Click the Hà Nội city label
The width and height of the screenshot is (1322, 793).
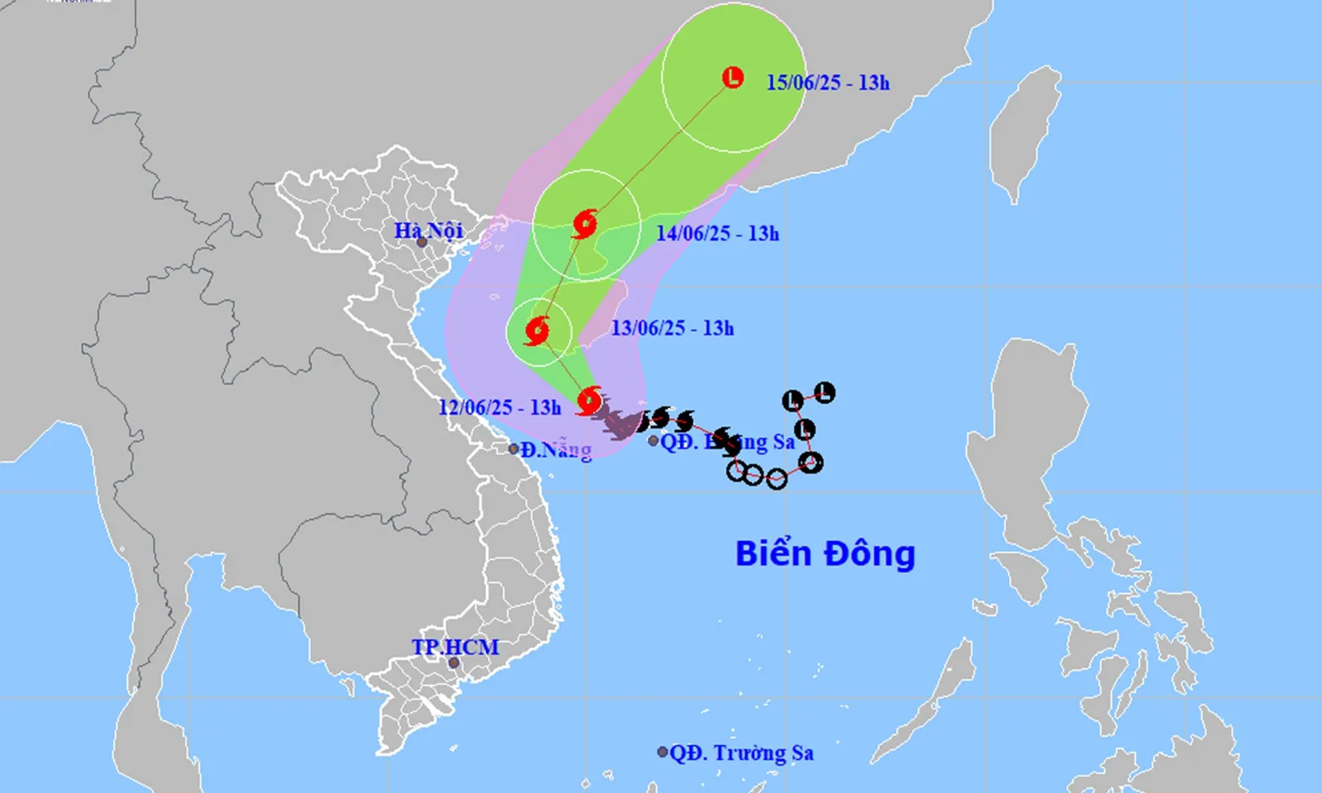tap(428, 230)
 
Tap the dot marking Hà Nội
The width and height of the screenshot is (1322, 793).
tap(422, 242)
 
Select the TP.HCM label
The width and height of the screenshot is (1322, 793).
tap(455, 647)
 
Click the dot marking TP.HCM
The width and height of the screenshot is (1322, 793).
tap(454, 662)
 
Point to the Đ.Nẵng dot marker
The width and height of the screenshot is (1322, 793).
tap(514, 449)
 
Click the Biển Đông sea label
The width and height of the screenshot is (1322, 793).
tap(825, 553)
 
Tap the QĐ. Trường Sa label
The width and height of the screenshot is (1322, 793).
tap(741, 753)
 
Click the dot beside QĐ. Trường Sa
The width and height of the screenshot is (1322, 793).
tap(663, 752)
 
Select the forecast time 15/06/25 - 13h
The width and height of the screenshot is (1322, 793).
tap(827, 82)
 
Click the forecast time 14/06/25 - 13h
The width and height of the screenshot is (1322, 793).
tap(717, 234)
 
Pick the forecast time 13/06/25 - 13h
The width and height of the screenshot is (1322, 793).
tap(672, 328)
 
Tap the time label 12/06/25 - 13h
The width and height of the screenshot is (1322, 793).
tap(499, 407)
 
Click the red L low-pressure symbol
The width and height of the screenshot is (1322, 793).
tap(733, 78)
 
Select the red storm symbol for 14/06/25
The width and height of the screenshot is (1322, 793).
tap(585, 224)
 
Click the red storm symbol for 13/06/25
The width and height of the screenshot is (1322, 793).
tap(537, 331)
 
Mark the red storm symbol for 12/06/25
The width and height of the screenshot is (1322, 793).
tap(589, 401)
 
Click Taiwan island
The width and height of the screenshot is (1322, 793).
tap(1025, 132)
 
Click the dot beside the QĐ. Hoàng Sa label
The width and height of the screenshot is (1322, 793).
tap(654, 441)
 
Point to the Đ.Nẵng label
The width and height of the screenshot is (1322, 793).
tap(556, 450)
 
